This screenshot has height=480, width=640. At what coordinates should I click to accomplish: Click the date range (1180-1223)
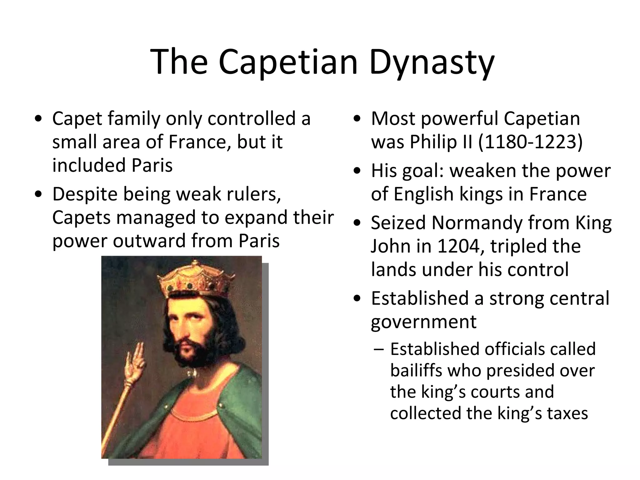pos(530,142)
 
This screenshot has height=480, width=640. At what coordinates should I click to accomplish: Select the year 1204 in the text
pos(458,246)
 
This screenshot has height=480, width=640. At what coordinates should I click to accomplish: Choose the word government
pos(423,322)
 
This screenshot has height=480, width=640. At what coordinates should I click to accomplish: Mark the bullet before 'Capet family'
pos(38,119)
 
